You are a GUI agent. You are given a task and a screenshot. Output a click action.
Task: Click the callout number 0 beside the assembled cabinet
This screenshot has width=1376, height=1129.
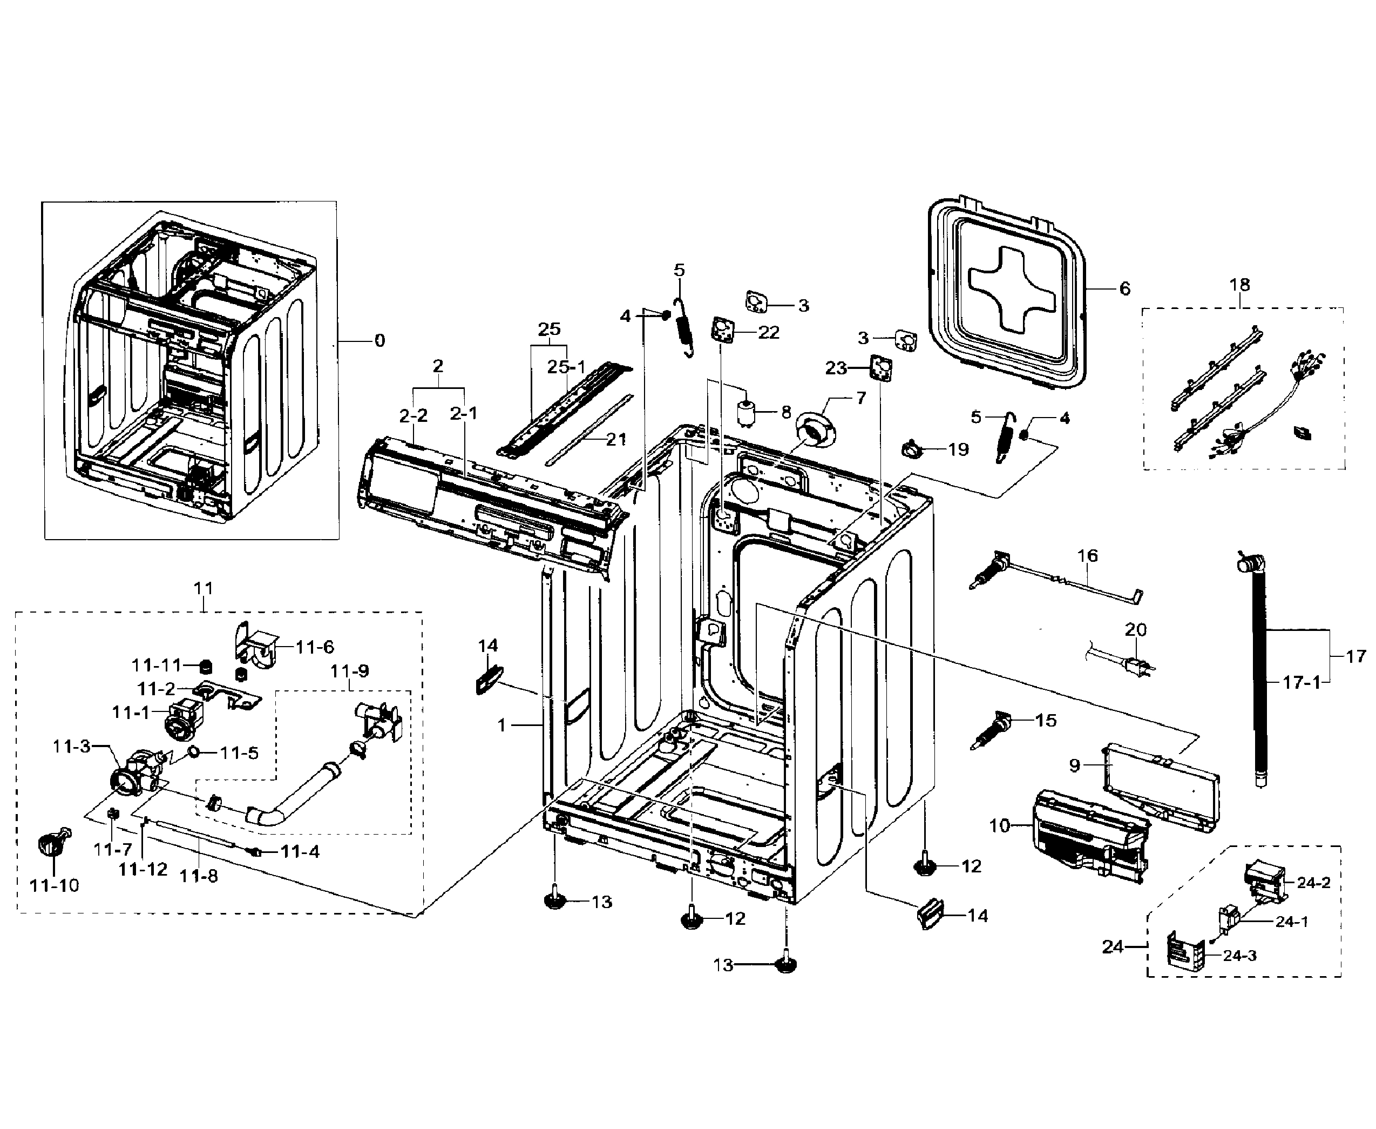click(x=379, y=340)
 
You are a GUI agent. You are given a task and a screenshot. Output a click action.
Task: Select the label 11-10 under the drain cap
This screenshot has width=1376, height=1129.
click(x=54, y=885)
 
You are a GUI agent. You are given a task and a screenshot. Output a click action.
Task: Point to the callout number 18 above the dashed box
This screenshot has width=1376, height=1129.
click(x=1239, y=284)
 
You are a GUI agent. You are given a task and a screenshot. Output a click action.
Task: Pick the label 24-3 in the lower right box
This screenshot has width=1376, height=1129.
click(x=1239, y=956)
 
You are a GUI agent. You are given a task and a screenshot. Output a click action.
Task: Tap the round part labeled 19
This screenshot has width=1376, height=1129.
click(x=911, y=447)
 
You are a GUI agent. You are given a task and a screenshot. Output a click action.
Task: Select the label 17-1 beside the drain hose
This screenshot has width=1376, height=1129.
click(x=1302, y=682)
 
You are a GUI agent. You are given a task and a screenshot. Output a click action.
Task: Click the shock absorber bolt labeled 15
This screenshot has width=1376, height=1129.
click(x=994, y=730)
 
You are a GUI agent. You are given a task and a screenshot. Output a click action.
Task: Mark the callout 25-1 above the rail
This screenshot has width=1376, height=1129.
click(x=566, y=367)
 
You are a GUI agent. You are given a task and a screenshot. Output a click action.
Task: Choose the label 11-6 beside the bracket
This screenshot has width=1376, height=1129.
click(x=315, y=647)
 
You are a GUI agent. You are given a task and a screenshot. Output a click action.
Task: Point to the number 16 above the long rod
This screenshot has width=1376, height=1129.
click(x=1087, y=555)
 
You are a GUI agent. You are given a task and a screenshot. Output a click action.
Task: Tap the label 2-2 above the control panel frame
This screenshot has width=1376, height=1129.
click(x=414, y=415)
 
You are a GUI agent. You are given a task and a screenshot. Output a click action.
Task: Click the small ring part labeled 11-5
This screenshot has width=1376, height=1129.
click(x=194, y=752)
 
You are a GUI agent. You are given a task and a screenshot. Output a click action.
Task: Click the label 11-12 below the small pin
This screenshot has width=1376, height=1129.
click(x=143, y=869)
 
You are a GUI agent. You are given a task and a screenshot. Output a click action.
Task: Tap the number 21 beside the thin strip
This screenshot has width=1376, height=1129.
click(x=615, y=439)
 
